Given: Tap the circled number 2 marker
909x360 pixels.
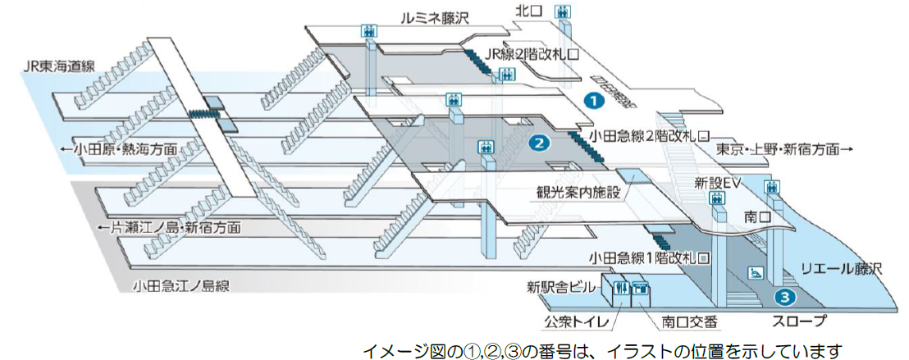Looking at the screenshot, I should [x=539, y=143].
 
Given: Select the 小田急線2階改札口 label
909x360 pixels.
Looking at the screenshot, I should [x=648, y=135].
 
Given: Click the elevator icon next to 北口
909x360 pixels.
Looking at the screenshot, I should [x=563, y=11].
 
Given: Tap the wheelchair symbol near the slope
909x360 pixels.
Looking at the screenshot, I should [x=754, y=272].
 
